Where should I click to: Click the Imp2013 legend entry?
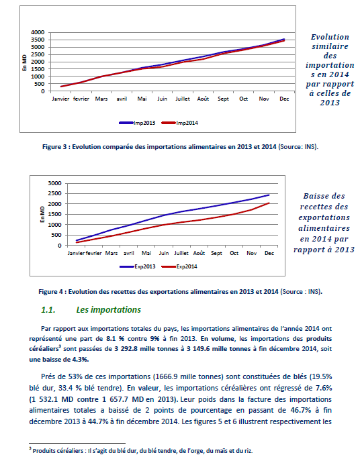137,123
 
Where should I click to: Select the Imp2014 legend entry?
180,123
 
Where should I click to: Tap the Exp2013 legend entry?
138,266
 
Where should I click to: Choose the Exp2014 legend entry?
179,266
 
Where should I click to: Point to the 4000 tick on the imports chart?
38,32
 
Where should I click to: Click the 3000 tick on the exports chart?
55,183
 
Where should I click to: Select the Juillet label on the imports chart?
183,99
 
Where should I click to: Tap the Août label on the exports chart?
199,253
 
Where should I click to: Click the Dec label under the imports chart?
284,99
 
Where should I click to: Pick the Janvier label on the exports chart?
77,253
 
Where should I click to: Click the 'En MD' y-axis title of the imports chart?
24,62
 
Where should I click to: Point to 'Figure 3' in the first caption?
55,147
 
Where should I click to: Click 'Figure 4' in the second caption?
51,292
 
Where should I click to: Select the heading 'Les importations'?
109,309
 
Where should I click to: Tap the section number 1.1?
48,310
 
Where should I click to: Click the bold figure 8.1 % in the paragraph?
115,339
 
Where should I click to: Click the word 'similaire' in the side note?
330,46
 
